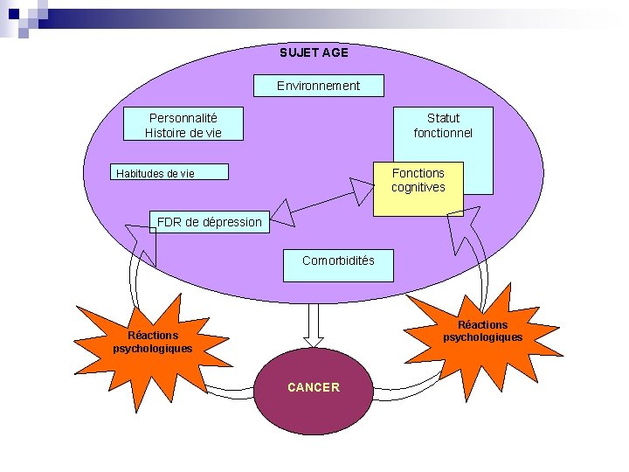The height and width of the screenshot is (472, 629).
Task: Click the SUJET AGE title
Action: pos(314,52)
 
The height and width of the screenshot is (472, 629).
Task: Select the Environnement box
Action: pos(318,86)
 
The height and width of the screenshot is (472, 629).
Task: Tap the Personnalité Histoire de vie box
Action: pos(183,125)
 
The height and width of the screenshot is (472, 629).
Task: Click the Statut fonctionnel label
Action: pos(443,125)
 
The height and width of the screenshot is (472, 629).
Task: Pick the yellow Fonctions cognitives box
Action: pos(418,187)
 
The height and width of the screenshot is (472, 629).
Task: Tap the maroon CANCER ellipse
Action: pos(313,387)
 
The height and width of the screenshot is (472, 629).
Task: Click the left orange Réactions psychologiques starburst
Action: pos(153,342)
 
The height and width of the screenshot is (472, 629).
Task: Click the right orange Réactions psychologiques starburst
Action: pos(481,331)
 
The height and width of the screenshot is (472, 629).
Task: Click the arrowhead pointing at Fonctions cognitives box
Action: pos(361,191)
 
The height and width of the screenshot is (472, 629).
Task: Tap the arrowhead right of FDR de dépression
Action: pos(282,211)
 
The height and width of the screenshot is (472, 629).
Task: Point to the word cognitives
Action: pos(418,187)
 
